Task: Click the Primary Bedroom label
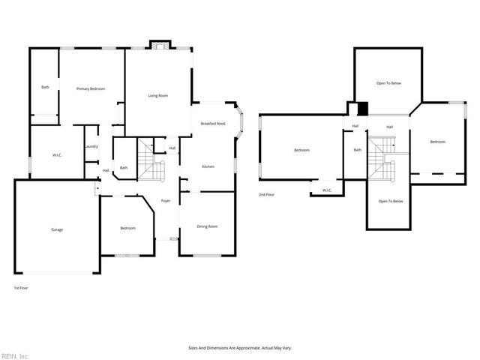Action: [90, 88]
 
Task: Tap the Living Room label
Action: [157, 95]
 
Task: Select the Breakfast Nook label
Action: [213, 123]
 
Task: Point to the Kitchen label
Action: [208, 166]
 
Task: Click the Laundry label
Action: [91, 146]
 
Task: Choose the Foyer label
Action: [166, 200]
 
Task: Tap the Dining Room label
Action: [207, 226]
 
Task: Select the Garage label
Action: [57, 229]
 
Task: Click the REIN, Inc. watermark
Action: [15, 355]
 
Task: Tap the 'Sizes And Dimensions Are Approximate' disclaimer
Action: [240, 348]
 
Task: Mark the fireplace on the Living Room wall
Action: [157, 45]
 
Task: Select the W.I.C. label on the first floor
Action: [57, 156]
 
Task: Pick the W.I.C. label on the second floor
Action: [327, 190]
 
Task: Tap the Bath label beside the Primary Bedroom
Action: [45, 88]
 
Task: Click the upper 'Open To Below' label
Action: [388, 83]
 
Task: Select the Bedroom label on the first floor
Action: [127, 228]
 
